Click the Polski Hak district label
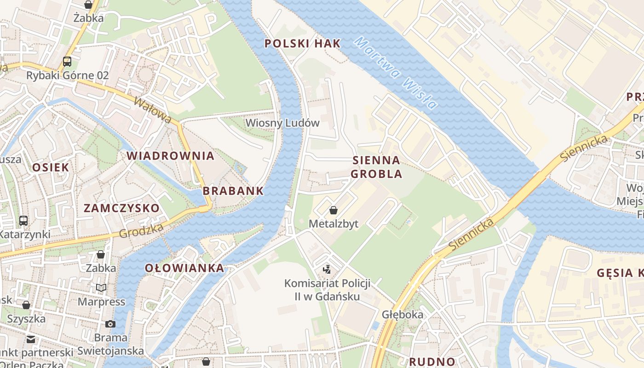pos(303,44)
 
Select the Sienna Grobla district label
pos(376,167)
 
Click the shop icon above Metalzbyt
pos(333,211)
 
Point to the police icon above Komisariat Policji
pos(327,270)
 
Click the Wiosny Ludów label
pos(282,123)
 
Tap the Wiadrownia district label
pos(171,155)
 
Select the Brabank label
pos(233,190)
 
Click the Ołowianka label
pos(184,268)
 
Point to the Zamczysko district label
pos(121,208)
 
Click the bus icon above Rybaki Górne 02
pos(67,61)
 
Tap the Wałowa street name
pos(152,109)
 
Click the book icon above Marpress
pos(101,288)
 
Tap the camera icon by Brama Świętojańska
pos(110,324)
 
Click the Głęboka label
pos(402,315)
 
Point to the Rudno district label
pos(432,362)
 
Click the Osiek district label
pos(50,167)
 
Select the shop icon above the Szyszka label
pos(26,305)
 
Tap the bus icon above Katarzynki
pos(23,221)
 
